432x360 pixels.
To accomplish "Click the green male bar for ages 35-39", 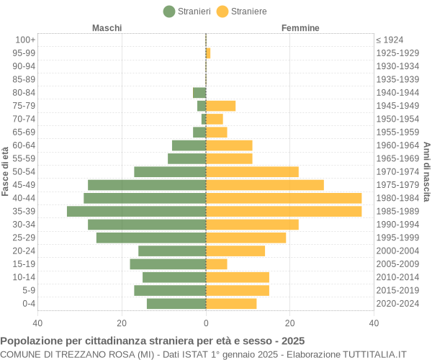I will (x=137, y=211).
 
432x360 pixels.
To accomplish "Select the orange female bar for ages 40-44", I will (x=284, y=198).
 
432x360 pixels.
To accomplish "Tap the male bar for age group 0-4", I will (x=176, y=304).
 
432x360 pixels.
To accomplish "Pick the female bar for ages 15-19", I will (x=217, y=264).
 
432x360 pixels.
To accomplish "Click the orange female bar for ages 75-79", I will (x=221, y=106).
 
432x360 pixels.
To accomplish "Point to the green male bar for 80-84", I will (x=199, y=92).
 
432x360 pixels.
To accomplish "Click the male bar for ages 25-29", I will (x=151, y=238).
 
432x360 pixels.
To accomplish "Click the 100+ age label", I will (x=25, y=40).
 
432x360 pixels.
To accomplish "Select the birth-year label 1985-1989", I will (x=397, y=211).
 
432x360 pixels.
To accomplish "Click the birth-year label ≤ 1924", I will (x=390, y=40).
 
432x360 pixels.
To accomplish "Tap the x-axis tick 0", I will (x=206, y=324).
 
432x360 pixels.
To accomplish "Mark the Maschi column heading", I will (x=107, y=28).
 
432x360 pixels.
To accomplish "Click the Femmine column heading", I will (x=301, y=28).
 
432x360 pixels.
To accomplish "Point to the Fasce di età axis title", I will (x=6, y=171).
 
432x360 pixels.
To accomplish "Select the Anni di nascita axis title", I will (x=426, y=171).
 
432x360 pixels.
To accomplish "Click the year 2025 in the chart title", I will (x=292, y=341).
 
